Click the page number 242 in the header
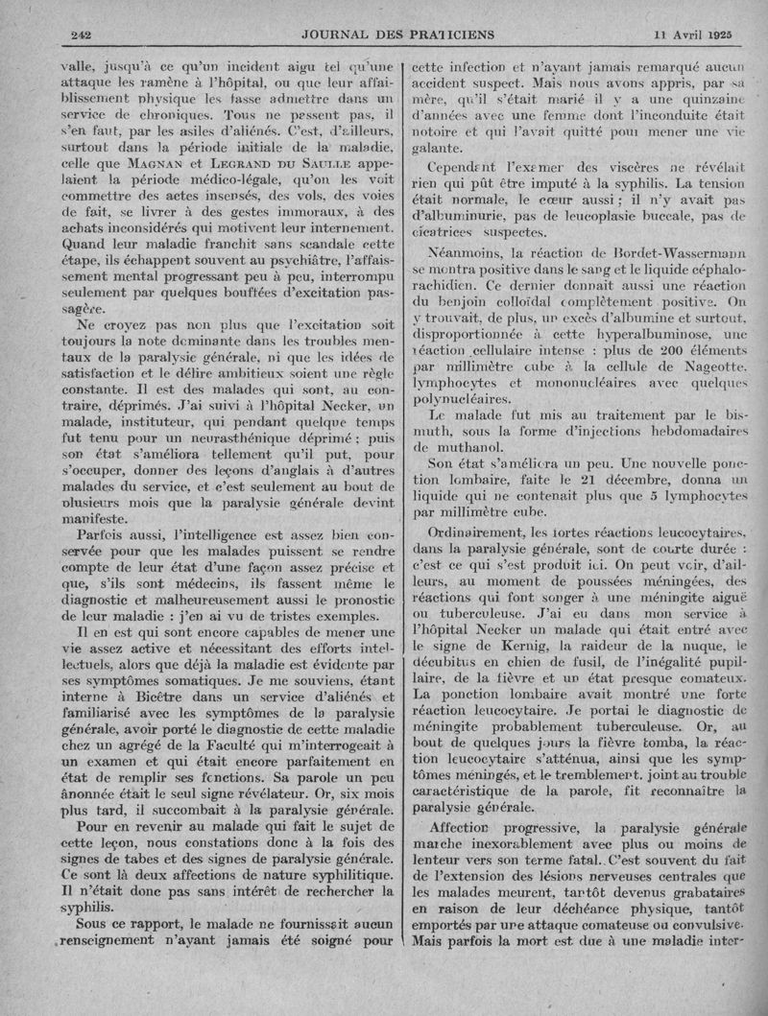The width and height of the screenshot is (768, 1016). [81, 35]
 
